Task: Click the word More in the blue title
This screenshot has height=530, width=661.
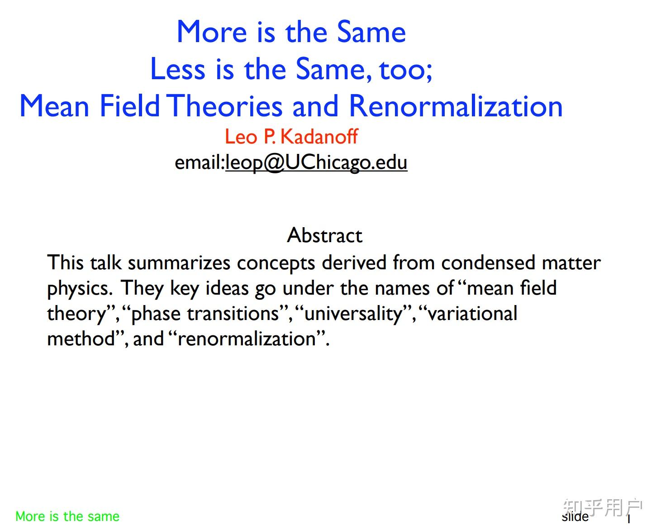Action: (x=212, y=32)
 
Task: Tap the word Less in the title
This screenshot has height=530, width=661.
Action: (x=177, y=69)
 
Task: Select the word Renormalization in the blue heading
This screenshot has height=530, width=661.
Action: (x=456, y=106)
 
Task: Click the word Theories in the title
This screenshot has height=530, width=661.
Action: (x=225, y=106)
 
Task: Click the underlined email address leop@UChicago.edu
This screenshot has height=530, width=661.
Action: (x=316, y=162)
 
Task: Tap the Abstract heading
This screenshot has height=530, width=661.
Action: (x=325, y=235)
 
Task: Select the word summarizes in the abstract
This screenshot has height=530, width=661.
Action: (x=179, y=263)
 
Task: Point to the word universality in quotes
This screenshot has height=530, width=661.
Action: (x=353, y=314)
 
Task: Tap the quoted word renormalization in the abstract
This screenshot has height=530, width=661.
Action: (x=247, y=339)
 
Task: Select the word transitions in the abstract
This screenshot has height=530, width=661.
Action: (x=233, y=314)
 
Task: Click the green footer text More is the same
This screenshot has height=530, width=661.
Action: (x=67, y=516)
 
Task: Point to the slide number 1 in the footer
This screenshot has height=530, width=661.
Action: (x=629, y=519)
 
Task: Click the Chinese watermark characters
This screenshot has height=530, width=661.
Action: (x=602, y=507)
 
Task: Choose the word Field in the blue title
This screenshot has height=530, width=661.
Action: (x=129, y=106)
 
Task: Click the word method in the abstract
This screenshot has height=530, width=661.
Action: (x=81, y=339)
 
